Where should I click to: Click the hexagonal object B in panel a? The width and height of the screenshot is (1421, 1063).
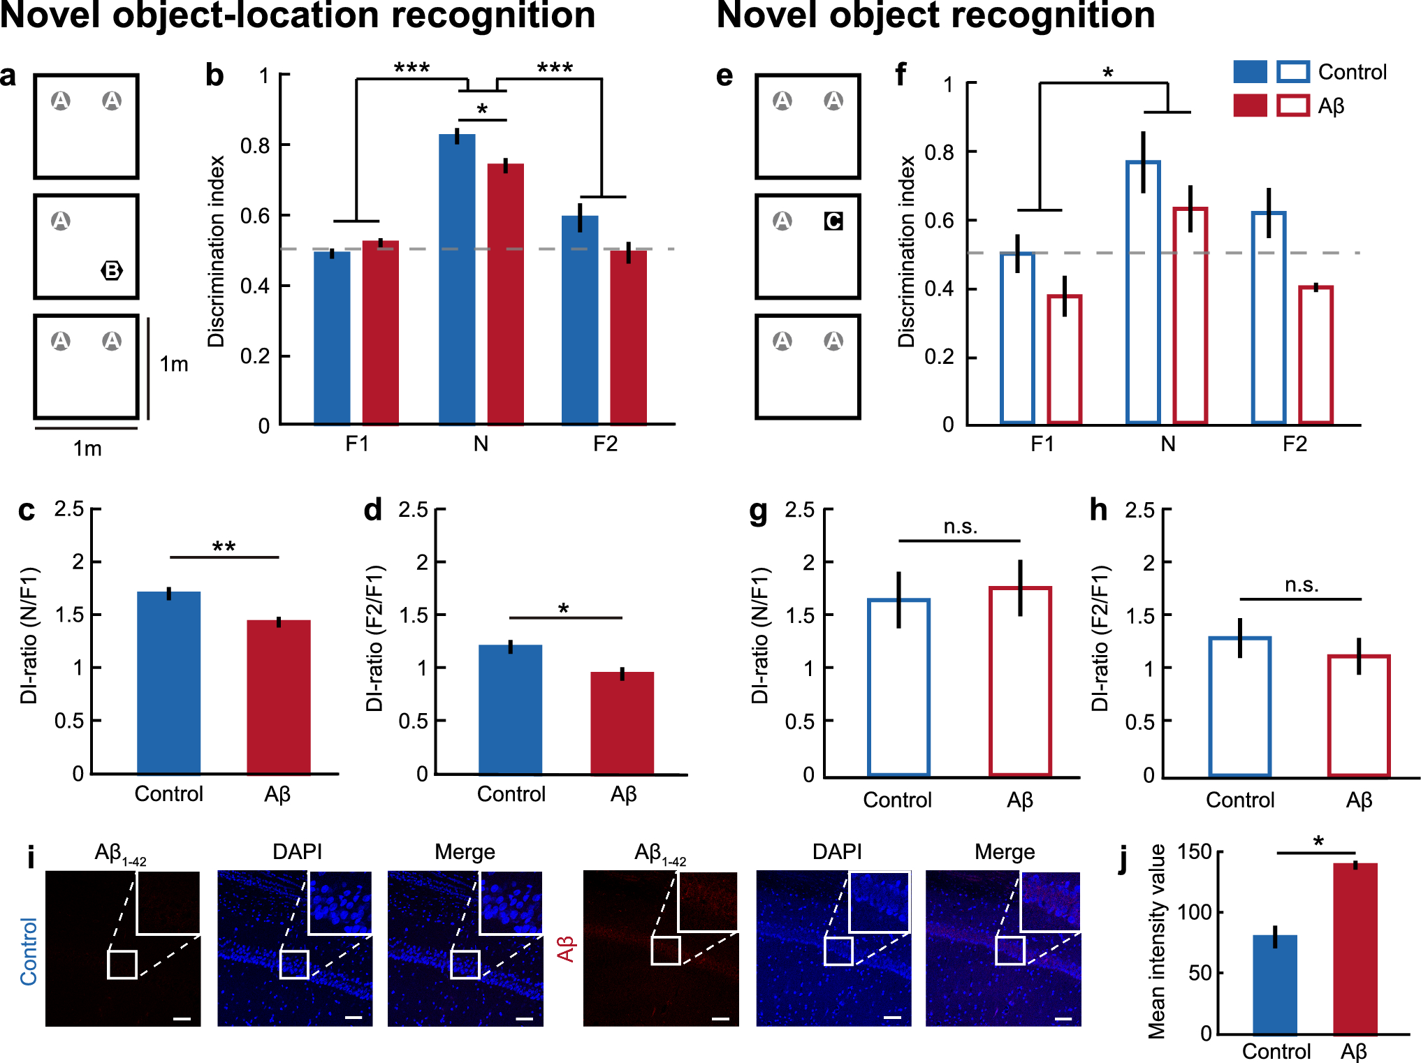click(112, 270)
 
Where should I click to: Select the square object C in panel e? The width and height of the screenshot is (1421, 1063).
click(833, 221)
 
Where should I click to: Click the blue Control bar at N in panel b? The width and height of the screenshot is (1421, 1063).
click(457, 279)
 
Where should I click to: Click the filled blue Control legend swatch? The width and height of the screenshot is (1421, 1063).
click(1251, 72)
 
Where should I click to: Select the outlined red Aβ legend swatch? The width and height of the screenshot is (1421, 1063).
click(1293, 105)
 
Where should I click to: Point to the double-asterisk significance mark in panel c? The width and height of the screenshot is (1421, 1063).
click(224, 547)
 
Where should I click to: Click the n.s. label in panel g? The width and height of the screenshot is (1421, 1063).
click(961, 527)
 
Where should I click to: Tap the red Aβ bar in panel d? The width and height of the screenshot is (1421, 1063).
click(622, 723)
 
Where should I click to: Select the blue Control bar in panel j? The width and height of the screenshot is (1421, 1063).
click(1275, 984)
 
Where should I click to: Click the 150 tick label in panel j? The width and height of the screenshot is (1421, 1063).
click(1195, 852)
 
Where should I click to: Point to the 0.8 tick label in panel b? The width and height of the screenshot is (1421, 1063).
click(255, 145)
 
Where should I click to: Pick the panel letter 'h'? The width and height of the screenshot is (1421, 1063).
click(1099, 510)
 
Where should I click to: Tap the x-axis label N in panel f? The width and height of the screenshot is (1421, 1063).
click(1168, 444)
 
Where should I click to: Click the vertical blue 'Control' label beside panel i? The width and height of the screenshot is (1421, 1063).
click(29, 951)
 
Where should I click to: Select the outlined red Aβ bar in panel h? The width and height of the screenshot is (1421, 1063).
click(1359, 715)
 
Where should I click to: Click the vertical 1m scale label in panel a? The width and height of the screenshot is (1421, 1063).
click(174, 364)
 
